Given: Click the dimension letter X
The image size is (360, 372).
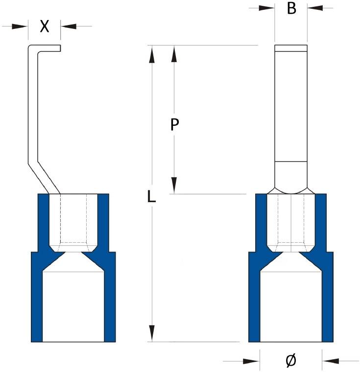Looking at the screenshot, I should point(45,26).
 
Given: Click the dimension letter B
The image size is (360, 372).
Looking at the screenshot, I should point(291,8).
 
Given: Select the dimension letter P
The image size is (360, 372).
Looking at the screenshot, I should point(174,125).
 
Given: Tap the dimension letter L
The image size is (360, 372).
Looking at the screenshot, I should point(152,197).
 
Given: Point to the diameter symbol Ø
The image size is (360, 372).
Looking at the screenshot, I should point(290,361).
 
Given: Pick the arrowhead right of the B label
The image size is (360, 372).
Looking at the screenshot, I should point(315,8).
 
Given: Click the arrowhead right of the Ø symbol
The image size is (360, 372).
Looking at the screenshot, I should point(331,361).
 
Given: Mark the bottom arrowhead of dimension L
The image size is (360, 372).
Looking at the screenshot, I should point(152,333).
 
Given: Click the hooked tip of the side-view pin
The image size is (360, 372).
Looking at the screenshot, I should point(49,48).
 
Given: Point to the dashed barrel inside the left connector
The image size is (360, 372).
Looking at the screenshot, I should point(73,220).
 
